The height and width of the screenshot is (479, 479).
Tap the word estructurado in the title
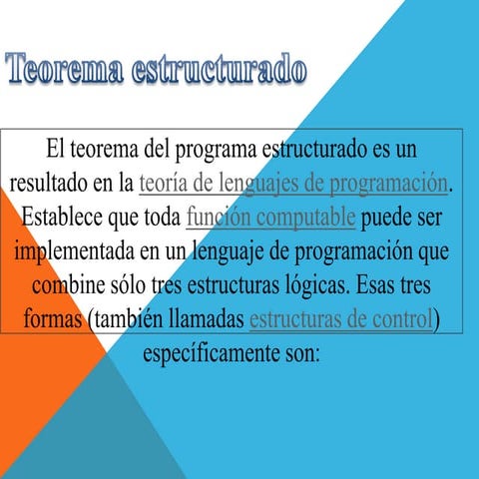(222, 71)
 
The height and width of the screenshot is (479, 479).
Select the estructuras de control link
(341, 319)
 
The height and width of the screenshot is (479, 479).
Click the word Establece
(65, 217)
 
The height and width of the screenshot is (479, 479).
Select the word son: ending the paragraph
(298, 353)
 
